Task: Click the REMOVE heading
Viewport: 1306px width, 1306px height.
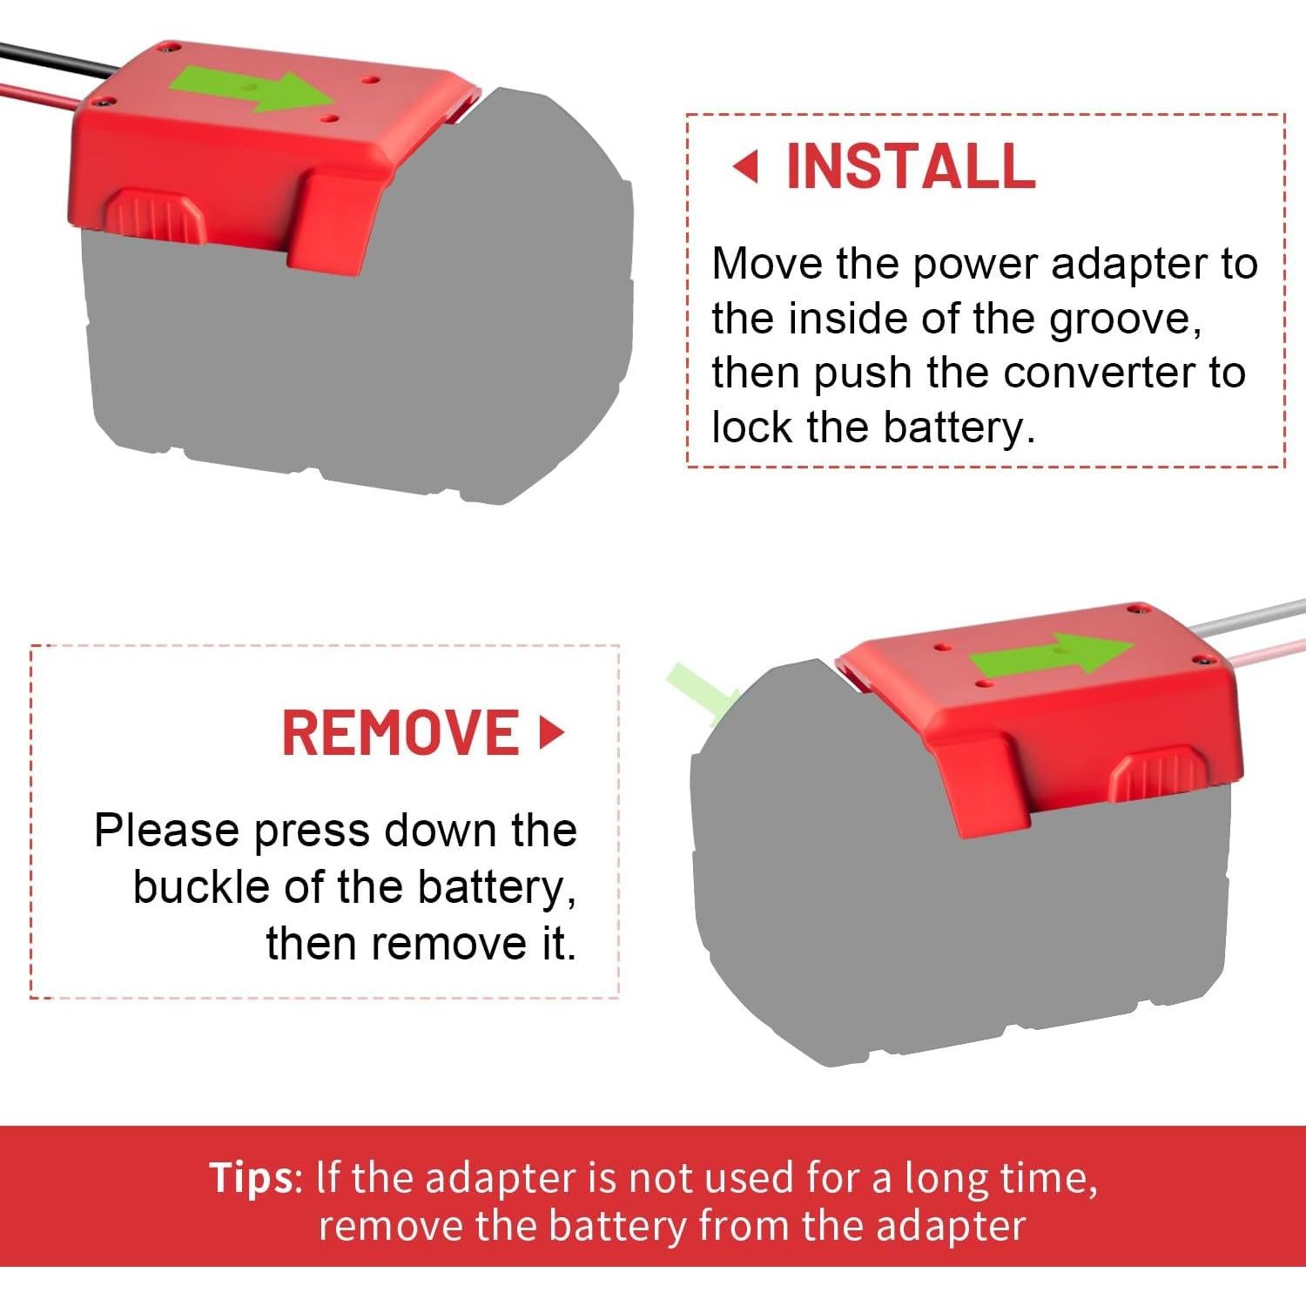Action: tap(401, 732)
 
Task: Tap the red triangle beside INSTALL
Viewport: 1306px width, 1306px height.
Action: tap(746, 165)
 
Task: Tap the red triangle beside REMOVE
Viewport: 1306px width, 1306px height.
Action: tap(551, 732)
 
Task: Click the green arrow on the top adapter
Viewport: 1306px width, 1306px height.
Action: tap(252, 90)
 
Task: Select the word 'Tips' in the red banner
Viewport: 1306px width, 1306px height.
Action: tap(252, 1177)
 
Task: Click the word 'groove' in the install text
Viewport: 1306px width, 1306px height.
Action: tap(1125, 319)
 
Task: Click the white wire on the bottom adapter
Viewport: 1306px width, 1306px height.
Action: tap(1254, 614)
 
